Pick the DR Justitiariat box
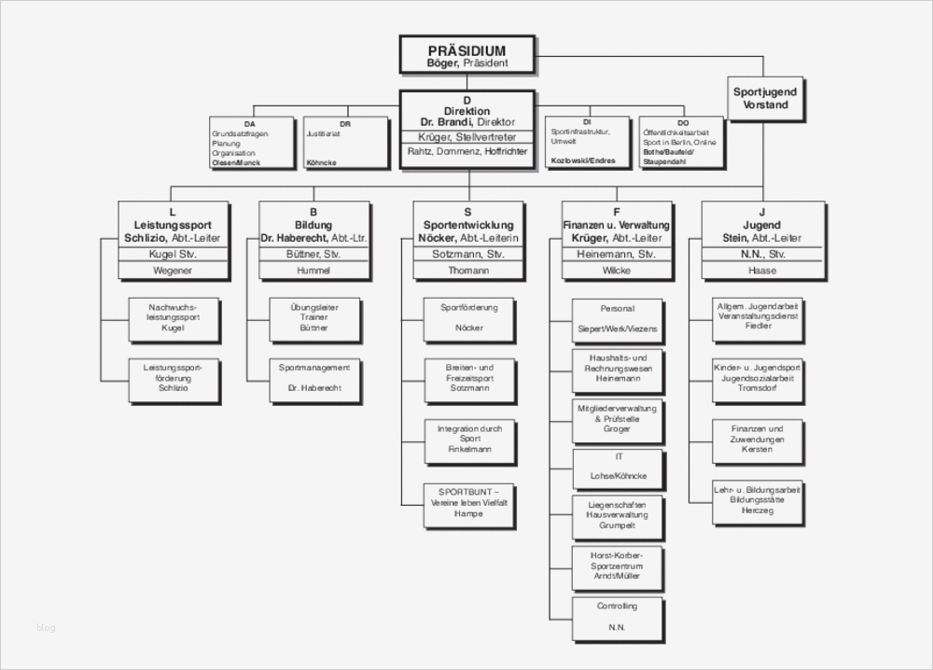tap(344, 143)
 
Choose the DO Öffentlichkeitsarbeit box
tap(681, 142)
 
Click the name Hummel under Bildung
tap(313, 271)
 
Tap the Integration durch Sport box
tap(469, 439)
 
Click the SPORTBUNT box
tap(469, 502)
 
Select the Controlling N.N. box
tap(619, 617)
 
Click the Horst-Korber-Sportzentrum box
tap(619, 566)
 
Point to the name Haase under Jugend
tap(762, 271)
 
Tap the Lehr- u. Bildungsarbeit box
tap(758, 501)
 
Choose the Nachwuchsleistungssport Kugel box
tap(174, 318)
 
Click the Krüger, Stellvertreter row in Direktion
tap(467, 136)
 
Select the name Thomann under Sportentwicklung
tap(468, 271)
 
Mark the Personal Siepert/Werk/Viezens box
tap(618, 319)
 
